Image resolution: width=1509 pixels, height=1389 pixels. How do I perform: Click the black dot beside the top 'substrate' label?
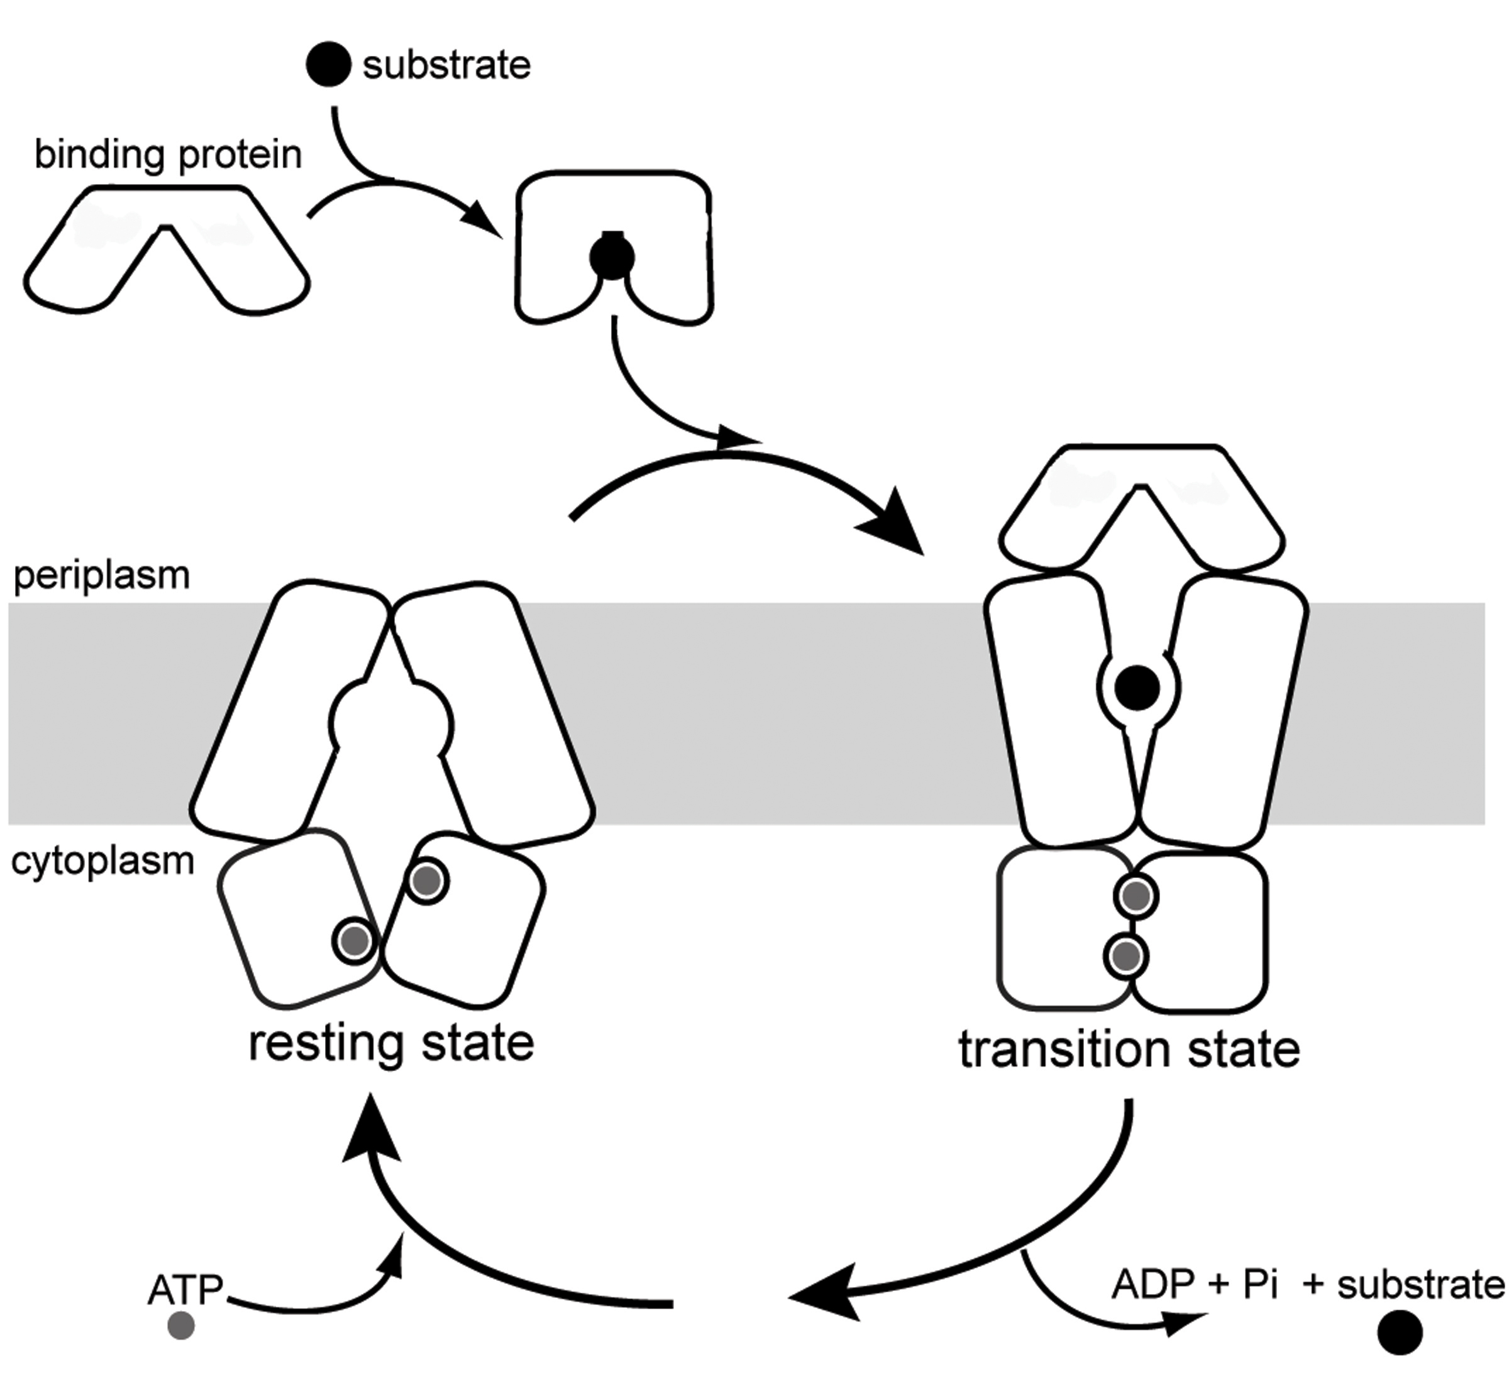(329, 65)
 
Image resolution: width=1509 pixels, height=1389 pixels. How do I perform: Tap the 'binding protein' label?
(168, 155)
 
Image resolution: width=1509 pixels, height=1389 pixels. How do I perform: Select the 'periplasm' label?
(101, 576)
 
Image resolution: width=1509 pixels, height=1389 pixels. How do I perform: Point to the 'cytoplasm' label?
(102, 860)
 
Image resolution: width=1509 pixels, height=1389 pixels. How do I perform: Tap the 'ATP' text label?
(185, 1290)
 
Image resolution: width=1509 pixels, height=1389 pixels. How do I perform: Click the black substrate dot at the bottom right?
(1400, 1332)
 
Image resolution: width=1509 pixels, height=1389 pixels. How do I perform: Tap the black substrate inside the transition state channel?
(1137, 687)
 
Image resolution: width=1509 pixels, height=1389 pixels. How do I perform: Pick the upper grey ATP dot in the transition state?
(1136, 896)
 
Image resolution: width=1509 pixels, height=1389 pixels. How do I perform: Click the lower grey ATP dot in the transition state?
(1125, 956)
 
